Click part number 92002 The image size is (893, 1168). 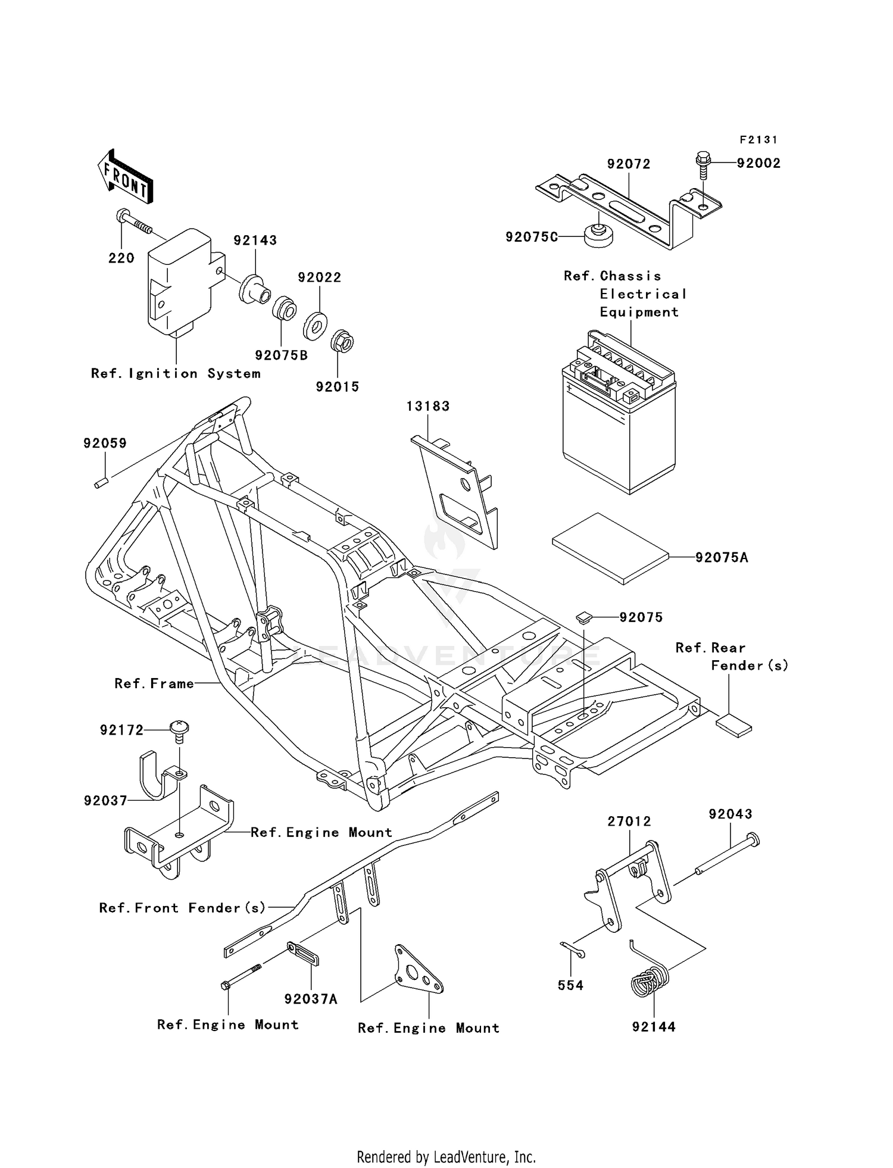point(758,163)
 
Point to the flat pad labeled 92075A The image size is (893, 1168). point(610,548)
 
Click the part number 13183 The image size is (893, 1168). point(428,406)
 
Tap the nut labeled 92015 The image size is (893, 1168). point(342,342)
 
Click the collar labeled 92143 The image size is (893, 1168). point(254,291)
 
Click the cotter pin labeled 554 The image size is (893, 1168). point(573,951)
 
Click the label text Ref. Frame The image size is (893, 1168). point(154,683)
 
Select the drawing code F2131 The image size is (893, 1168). point(758,140)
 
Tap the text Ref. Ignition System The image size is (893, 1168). point(176,373)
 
